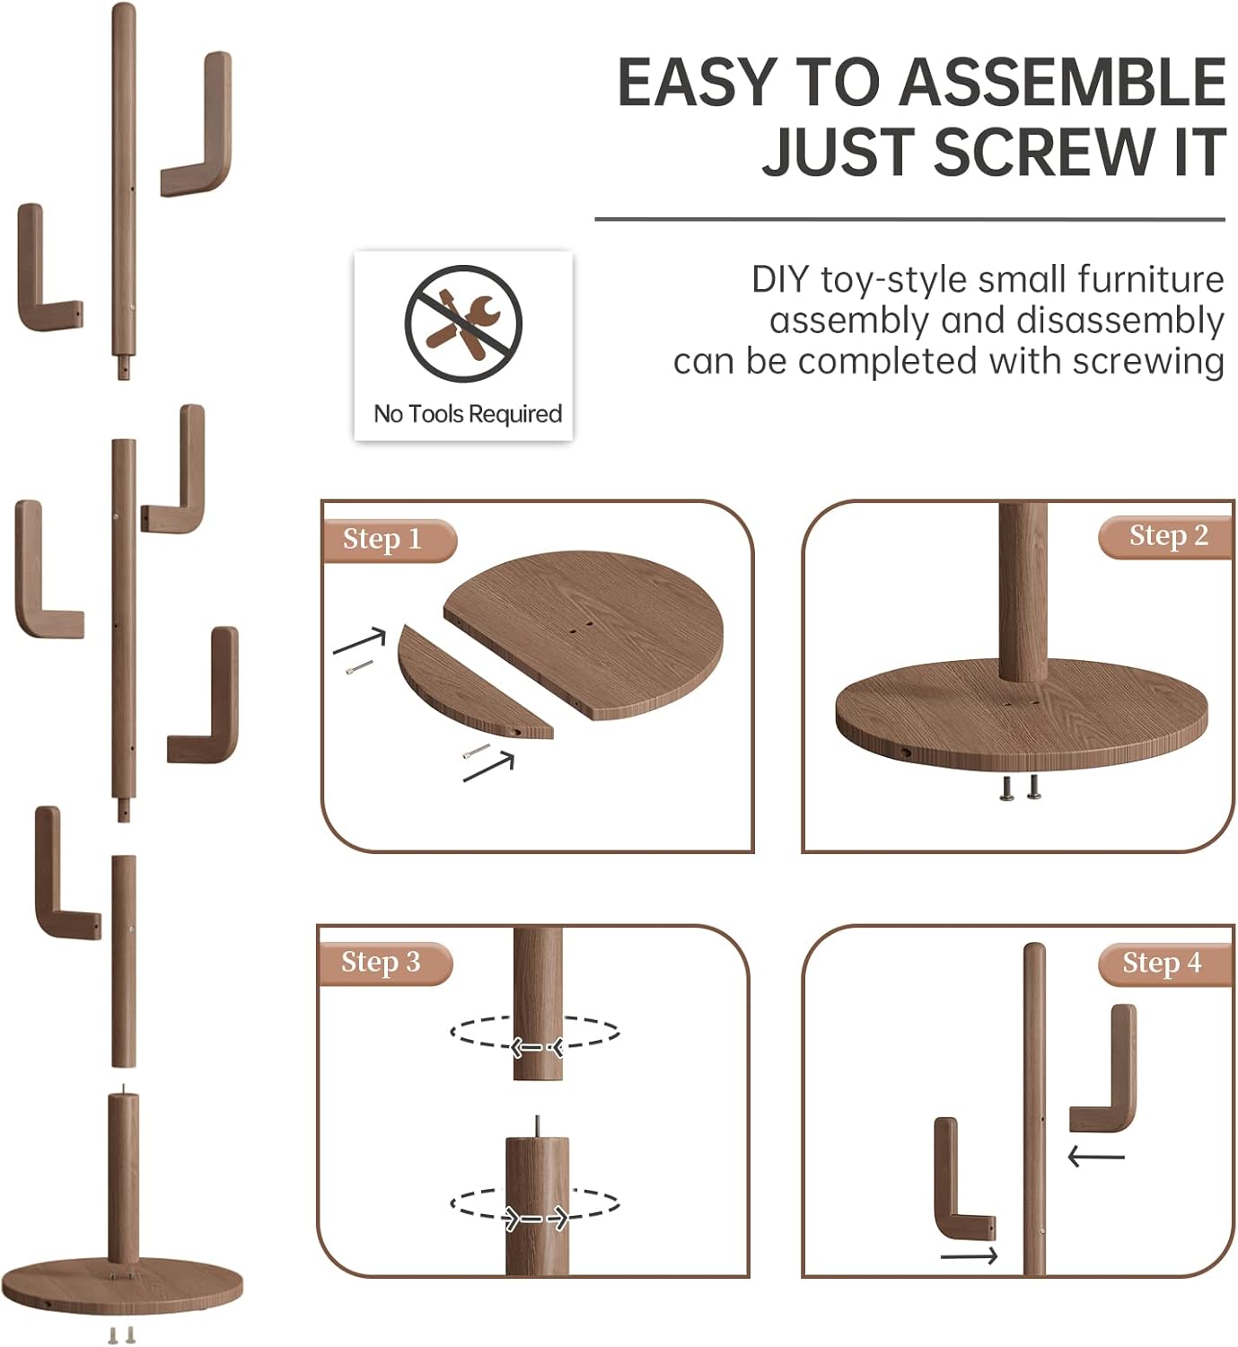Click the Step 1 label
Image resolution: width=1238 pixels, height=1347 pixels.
coord(382,539)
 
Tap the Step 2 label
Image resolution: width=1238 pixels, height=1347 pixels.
coord(1169,536)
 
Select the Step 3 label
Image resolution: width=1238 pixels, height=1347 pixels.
coord(381,963)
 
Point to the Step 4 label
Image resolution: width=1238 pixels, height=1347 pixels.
coord(1162,963)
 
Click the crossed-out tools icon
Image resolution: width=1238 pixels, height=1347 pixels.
coord(463,323)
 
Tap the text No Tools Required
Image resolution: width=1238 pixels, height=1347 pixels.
coord(468,414)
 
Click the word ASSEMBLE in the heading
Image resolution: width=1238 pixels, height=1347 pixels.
coord(1063,82)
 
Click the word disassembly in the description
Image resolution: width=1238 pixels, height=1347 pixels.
coord(1119,321)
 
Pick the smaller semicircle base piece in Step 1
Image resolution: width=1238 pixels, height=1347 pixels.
coord(475,682)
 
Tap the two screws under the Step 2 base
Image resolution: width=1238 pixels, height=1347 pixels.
coord(1021,788)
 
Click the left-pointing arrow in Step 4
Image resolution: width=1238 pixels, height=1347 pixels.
coord(1096,1157)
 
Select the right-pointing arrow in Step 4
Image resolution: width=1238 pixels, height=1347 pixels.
coord(970,1256)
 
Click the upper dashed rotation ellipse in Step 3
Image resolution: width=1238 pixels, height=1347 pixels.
coord(535,1032)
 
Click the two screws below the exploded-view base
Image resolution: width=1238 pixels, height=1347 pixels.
coord(121,1335)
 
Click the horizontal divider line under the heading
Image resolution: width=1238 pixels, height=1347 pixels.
coord(909,220)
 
